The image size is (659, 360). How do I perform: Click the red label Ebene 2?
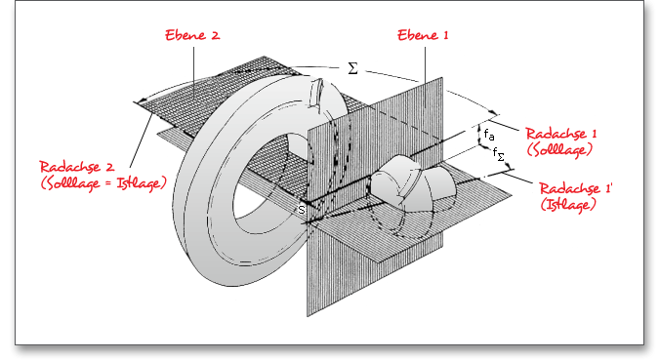coord(192,35)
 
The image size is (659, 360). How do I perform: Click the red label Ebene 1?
coord(423,35)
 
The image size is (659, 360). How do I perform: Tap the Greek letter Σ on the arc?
coord(353,68)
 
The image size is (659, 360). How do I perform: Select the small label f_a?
coord(489,135)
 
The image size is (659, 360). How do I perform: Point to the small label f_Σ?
coord(499,154)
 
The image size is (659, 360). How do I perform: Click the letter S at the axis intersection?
coord(302,210)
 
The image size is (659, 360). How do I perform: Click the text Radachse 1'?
coord(576,188)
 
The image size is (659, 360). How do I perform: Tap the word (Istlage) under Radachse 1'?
coord(568,205)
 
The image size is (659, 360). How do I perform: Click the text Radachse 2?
coord(77,167)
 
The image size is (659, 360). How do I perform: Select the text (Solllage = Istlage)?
coord(103,183)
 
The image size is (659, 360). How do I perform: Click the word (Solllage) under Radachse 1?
coord(559,150)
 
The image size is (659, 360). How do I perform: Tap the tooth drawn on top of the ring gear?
coord(317,94)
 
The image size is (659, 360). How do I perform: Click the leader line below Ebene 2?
coord(193,73)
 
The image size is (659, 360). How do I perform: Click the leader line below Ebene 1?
coord(425,77)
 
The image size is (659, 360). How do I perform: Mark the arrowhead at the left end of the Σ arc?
coord(142,101)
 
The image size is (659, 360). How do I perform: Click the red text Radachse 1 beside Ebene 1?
coord(560,134)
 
